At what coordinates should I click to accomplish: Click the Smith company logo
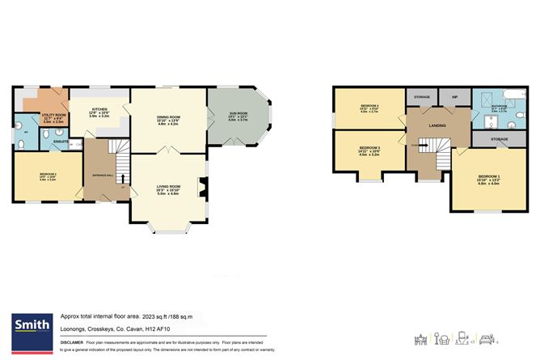coord(29,324)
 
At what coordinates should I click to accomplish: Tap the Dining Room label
coord(168,117)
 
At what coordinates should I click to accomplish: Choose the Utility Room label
coord(42,116)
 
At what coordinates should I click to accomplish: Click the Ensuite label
coord(60,142)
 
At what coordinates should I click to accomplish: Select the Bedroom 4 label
coord(369,108)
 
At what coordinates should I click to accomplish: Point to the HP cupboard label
coord(455,98)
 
